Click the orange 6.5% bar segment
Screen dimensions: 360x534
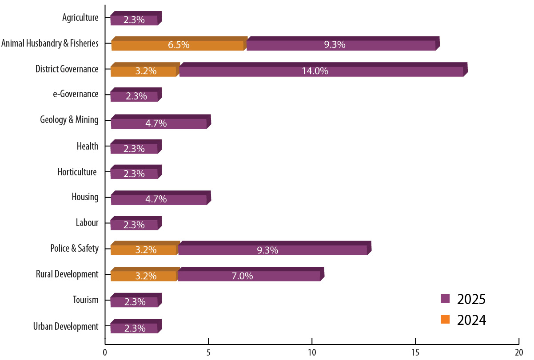click(178, 45)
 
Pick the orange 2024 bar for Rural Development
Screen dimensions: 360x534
click(144, 276)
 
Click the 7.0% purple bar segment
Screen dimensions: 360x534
click(249, 276)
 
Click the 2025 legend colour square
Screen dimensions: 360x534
click(446, 299)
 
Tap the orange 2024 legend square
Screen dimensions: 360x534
click(446, 319)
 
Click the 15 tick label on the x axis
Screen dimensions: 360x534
click(415, 352)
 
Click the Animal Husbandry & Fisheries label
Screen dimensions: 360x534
click(50, 43)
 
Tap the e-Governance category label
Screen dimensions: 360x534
click(75, 94)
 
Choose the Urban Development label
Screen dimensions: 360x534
click(66, 327)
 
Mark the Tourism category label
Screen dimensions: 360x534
click(86, 300)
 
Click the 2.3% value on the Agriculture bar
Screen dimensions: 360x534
click(134, 20)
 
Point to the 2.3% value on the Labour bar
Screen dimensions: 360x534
click(134, 225)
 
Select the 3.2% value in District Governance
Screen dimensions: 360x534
click(145, 71)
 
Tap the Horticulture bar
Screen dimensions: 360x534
click(134, 174)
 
